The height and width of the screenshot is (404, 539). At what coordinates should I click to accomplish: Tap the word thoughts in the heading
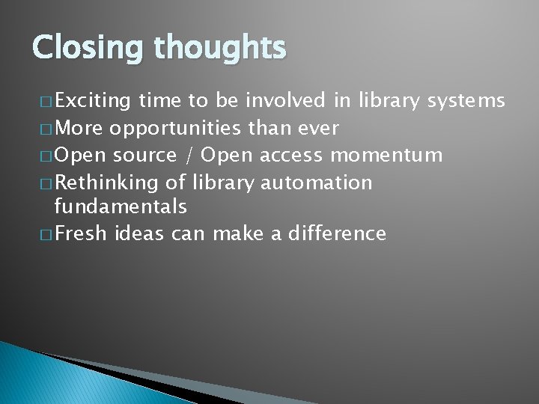220,48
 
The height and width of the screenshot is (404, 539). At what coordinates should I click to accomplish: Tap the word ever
320,128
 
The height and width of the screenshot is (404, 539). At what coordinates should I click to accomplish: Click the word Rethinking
106,183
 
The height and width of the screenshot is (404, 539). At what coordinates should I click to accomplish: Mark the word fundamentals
121,206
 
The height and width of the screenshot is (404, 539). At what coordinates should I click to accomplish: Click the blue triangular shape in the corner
45,378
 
